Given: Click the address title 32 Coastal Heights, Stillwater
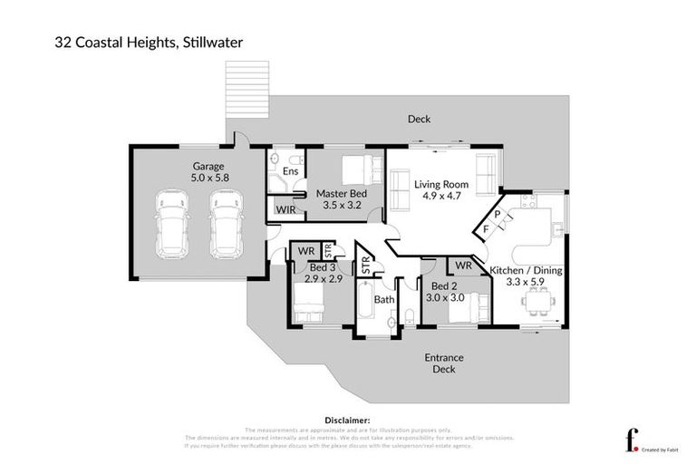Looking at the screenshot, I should [137, 42].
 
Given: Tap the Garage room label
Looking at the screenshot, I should [208, 166].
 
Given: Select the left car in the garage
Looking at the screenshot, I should [171, 224].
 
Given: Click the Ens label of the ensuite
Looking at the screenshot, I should [291, 170].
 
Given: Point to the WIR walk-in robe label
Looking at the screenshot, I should [285, 210].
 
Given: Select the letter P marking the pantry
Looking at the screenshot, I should [498, 214].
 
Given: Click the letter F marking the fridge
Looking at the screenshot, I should [487, 229].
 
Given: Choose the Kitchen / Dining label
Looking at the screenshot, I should [526, 270].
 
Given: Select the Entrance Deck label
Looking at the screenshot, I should [444, 363].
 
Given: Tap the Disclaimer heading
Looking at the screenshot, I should [347, 420].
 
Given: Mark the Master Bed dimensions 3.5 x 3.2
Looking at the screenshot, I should [343, 205].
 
